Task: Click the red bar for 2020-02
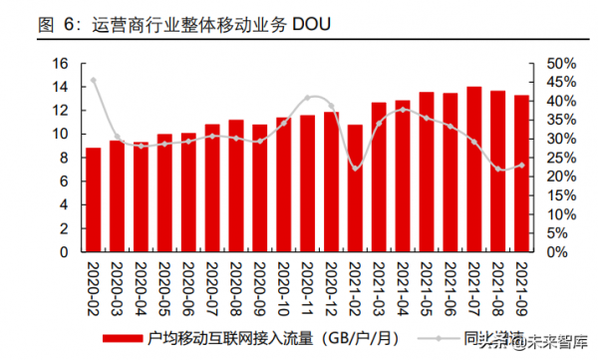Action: (93, 200)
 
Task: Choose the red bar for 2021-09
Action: (521, 174)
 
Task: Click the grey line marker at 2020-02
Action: (93, 80)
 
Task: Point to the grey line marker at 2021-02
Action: (354, 169)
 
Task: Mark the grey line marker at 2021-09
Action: (521, 166)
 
